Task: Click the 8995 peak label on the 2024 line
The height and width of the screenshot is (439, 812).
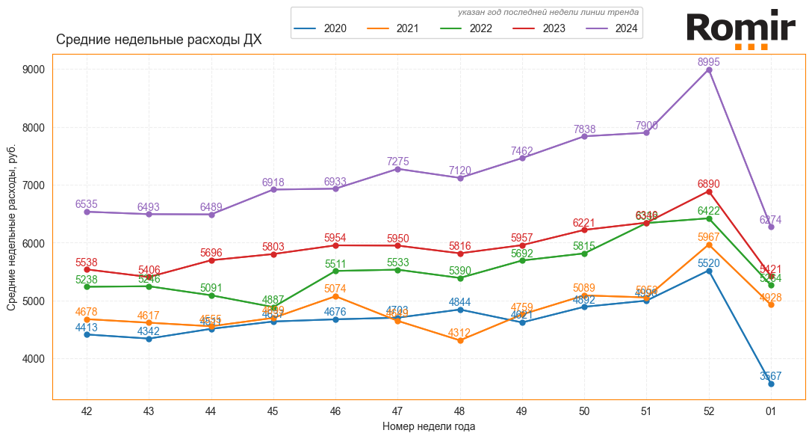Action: tap(709, 63)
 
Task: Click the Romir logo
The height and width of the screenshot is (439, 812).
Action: tap(740, 30)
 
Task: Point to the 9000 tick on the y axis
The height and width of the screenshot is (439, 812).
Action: tap(35, 70)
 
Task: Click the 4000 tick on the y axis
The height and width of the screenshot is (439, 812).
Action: tap(35, 359)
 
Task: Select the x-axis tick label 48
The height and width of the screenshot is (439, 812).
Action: tap(460, 411)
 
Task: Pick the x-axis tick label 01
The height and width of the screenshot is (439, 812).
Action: tap(771, 411)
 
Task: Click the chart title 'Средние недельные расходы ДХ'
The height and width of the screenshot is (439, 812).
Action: tap(158, 40)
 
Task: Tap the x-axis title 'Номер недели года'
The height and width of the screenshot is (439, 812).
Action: tap(428, 426)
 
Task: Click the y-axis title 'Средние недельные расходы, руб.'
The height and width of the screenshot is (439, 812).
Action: tap(12, 227)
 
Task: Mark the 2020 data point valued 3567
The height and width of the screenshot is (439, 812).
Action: tap(771, 384)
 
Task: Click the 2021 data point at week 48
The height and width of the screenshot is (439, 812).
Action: tap(460, 341)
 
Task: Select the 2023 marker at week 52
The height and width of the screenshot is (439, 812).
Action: tap(709, 191)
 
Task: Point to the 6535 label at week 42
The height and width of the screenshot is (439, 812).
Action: tap(87, 204)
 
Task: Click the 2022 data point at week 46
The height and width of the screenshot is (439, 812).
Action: tap(335, 271)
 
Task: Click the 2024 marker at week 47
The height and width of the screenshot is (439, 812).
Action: tap(398, 169)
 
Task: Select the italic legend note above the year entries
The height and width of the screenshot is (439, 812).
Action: tap(548, 13)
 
